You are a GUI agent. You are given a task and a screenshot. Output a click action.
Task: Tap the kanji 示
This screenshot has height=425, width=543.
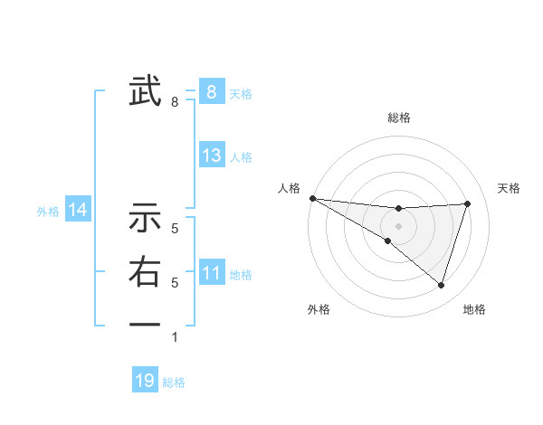coord(145,219)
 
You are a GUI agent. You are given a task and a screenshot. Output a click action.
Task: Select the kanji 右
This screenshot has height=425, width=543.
coord(145,273)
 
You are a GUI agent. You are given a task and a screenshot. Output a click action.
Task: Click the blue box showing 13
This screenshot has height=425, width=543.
coord(212,156)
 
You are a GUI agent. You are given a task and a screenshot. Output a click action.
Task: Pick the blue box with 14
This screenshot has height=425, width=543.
coord(78,211)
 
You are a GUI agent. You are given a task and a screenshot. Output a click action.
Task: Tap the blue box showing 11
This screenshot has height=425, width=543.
coord(212,273)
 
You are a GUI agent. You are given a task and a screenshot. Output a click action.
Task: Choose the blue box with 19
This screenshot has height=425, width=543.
coord(145,381)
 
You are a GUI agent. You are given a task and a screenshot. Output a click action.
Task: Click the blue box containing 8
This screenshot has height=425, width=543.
coord(212,91)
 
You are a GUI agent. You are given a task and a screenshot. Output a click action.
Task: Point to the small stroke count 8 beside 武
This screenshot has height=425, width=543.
coord(175,102)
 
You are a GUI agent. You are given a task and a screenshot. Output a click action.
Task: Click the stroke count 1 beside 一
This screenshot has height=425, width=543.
coord(175,337)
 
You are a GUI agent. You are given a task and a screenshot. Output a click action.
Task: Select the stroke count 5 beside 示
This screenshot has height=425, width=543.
coord(175,230)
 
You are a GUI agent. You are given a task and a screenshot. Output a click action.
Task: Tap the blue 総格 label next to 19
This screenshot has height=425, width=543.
coord(174,382)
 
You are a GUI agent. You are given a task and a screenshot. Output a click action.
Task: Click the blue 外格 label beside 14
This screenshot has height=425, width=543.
coord(48,212)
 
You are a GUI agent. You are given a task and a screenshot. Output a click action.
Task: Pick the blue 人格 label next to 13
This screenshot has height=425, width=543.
coord(241,157)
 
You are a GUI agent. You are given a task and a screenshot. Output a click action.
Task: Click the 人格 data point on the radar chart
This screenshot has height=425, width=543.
coord(312,198)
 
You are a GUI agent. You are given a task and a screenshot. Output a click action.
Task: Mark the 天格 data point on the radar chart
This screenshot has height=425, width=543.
coord(467,203)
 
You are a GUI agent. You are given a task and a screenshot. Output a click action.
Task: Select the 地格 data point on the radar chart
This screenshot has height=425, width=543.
coord(441,285)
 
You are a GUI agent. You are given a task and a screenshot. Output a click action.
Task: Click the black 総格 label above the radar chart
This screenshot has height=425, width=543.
coord(398,118)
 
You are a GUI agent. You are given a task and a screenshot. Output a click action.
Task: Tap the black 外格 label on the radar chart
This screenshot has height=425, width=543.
coord(319,309)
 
